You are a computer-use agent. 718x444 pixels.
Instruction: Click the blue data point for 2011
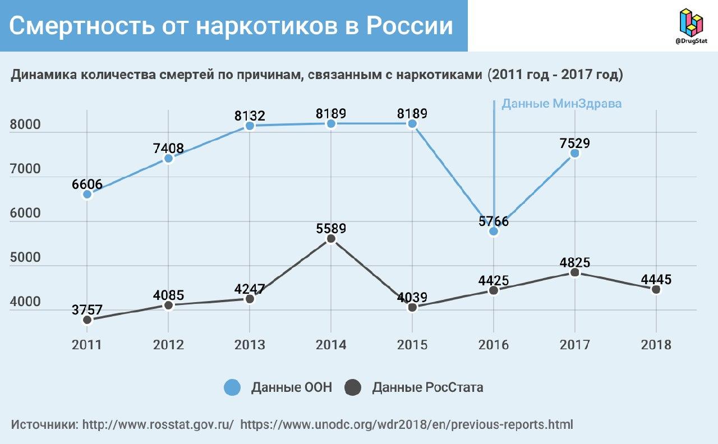pyautogui.click(x=87, y=194)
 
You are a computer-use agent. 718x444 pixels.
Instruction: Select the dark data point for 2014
pyautogui.click(x=331, y=239)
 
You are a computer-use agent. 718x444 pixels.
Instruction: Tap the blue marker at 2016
pyautogui.click(x=494, y=231)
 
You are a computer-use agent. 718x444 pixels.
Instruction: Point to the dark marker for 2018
pyautogui.click(x=656, y=289)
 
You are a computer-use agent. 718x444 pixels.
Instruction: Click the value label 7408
pyautogui.click(x=168, y=149)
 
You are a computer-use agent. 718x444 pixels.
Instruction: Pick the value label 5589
pyautogui.click(x=331, y=229)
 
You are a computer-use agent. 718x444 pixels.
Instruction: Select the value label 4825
pyautogui.click(x=574, y=262)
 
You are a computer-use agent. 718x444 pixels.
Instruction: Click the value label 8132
pyautogui.click(x=250, y=116)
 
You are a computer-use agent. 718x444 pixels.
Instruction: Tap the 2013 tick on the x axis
pyautogui.click(x=250, y=344)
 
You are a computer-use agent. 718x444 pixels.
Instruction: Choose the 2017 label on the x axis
pyautogui.click(x=574, y=344)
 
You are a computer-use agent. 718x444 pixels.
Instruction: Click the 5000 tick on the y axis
pyautogui.click(x=25, y=258)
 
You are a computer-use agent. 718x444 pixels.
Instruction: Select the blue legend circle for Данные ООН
pyautogui.click(x=232, y=387)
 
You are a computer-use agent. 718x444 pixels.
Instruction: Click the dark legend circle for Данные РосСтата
pyautogui.click(x=353, y=387)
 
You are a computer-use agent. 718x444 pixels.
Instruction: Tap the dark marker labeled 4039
pyautogui.click(x=412, y=307)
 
